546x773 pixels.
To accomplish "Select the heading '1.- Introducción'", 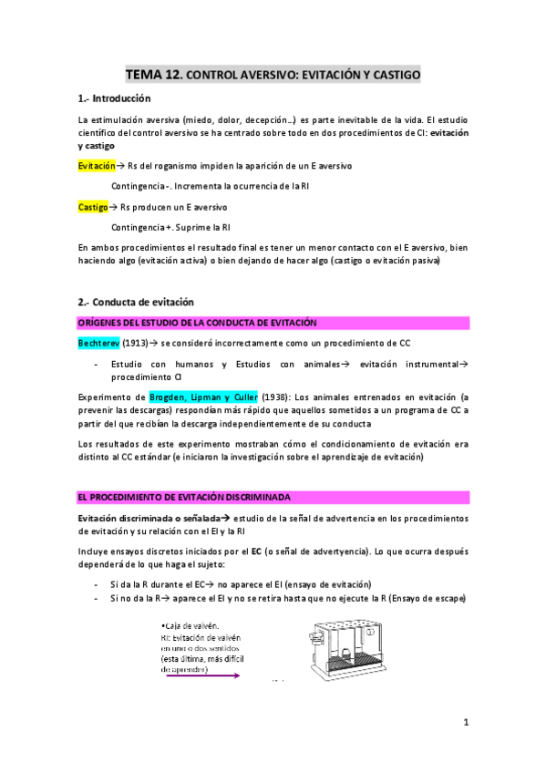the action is click(114, 99).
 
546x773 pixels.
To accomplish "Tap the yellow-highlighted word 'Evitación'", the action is click(97, 166).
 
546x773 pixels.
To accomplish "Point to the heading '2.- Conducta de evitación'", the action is click(136, 302).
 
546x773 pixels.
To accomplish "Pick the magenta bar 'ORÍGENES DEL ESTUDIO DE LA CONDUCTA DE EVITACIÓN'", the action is click(273, 322).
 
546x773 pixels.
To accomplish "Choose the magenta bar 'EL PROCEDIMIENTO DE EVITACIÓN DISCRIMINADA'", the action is click(273, 496).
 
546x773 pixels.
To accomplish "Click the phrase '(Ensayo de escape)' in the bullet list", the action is click(422, 598).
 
